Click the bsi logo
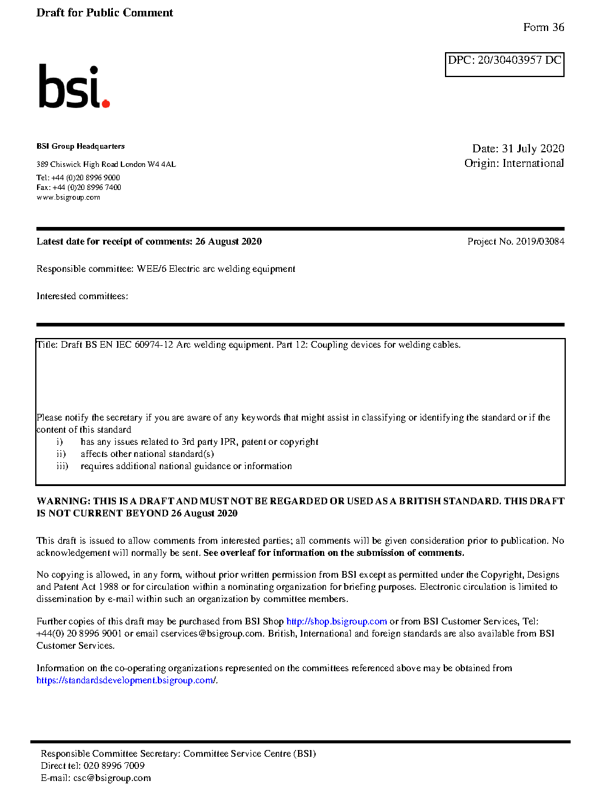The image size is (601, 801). (x=73, y=87)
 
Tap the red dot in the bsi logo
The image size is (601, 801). (x=106, y=103)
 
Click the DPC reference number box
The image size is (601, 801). (x=504, y=64)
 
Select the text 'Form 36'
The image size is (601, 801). (x=543, y=27)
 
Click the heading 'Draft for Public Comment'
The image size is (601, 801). (x=104, y=13)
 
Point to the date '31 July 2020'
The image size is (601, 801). (x=533, y=149)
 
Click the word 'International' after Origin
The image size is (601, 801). (x=533, y=163)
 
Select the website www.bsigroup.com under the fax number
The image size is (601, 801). (x=68, y=197)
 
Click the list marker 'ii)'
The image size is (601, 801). (x=61, y=454)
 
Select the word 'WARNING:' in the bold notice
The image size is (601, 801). (x=63, y=501)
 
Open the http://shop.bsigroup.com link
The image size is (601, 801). (x=336, y=621)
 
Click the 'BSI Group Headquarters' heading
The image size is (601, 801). (x=80, y=146)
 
